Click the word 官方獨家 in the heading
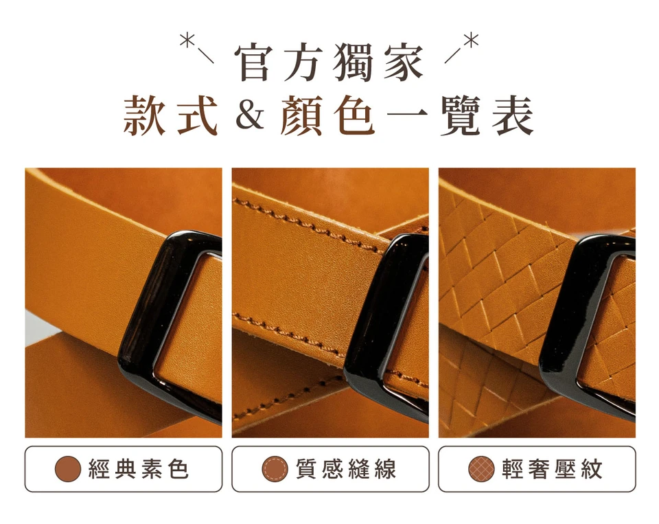(x=329, y=62)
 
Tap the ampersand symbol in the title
(x=250, y=116)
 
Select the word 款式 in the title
(x=170, y=115)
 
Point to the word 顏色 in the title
(x=328, y=115)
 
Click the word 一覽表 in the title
(x=460, y=115)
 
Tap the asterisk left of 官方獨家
(x=187, y=41)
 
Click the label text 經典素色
(x=139, y=469)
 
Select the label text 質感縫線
(x=346, y=469)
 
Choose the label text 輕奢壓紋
(x=552, y=469)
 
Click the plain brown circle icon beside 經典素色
(x=68, y=469)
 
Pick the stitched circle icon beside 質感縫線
(x=275, y=469)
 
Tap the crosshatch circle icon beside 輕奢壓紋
(x=481, y=469)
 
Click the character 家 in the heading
(x=404, y=63)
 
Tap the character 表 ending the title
(x=513, y=115)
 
